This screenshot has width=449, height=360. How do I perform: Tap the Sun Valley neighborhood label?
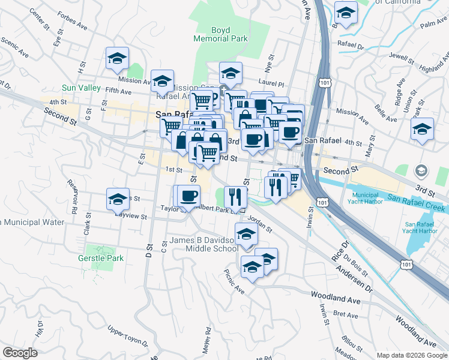coord(81,88)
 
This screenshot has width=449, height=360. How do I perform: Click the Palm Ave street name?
coord(435,24)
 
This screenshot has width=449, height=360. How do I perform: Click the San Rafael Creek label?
coord(416,203)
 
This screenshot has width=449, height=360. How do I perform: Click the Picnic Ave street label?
coord(234,281)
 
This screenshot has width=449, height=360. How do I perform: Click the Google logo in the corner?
coord(20,353)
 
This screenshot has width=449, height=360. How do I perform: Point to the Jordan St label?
coord(260,224)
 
